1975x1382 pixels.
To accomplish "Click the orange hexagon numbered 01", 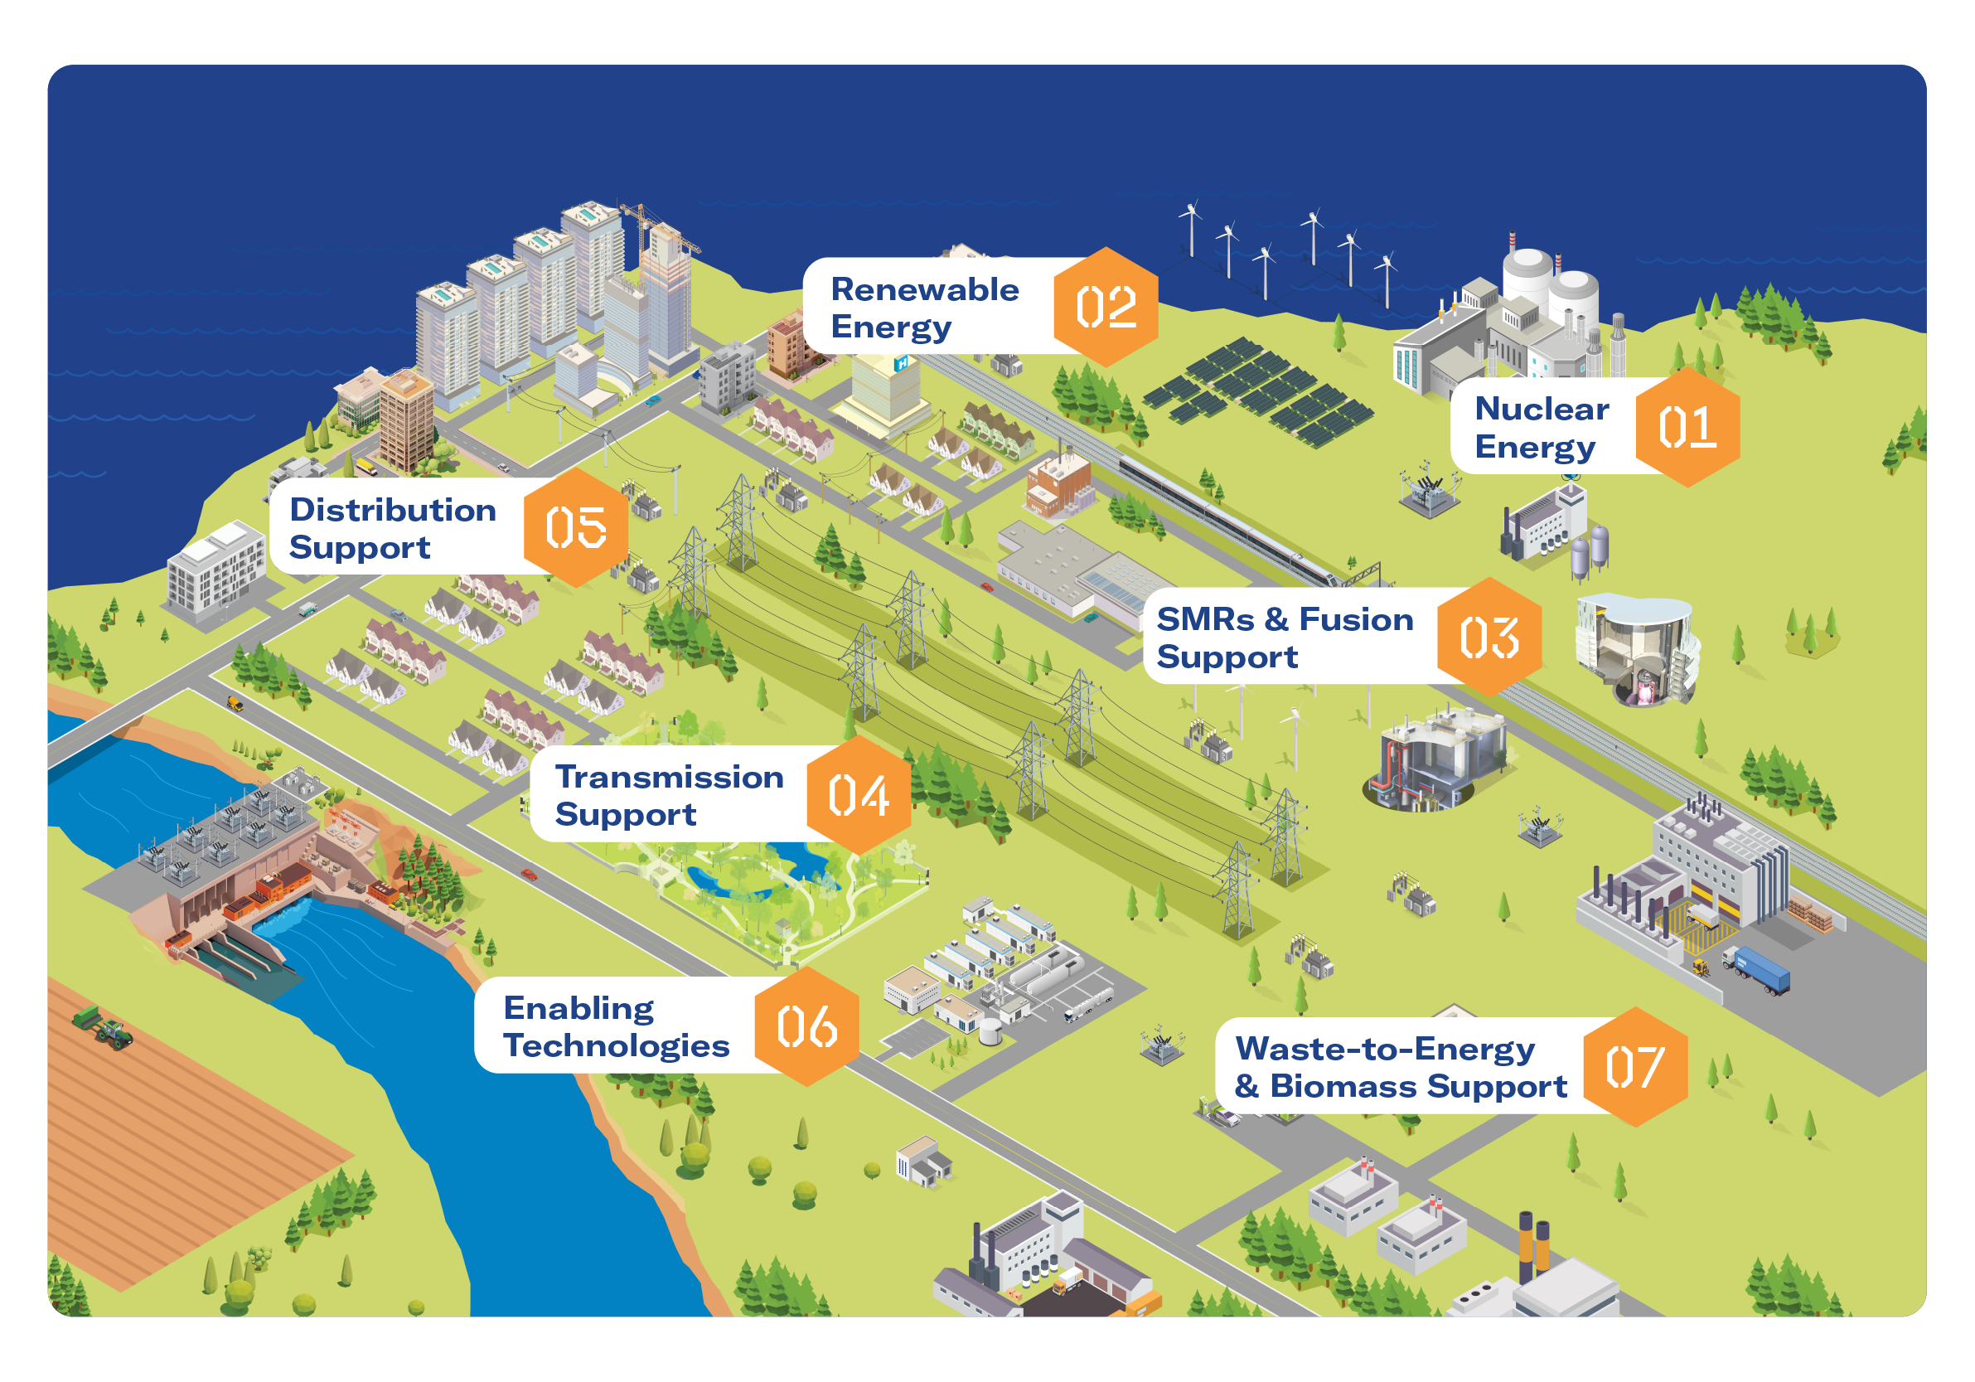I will (x=1686, y=427).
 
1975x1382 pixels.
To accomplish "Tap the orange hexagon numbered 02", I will (x=1106, y=308).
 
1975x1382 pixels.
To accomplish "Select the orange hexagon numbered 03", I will (x=1489, y=638).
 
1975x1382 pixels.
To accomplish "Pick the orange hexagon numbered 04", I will (x=858, y=795).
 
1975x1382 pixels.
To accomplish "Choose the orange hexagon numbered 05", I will (x=575, y=527).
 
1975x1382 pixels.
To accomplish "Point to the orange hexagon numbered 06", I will (x=806, y=1026).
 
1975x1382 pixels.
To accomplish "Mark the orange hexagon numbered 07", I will (x=1634, y=1067).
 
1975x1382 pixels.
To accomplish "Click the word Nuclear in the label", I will (x=1542, y=409).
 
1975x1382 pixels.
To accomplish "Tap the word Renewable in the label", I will (x=924, y=290).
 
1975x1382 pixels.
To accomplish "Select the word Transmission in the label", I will (x=669, y=777).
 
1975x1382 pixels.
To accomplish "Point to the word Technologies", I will (x=616, y=1045).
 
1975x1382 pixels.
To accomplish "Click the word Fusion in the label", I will (x=1356, y=619).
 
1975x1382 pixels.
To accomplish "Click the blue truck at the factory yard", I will (x=1758, y=970).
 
